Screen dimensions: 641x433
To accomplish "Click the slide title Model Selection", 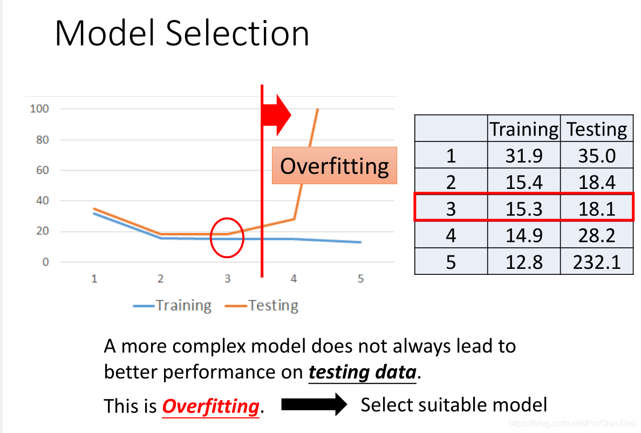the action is point(182,33).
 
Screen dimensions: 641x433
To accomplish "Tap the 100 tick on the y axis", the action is point(39,109).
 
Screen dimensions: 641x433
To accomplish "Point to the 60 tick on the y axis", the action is point(43,170).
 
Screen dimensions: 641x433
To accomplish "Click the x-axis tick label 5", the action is point(360,279).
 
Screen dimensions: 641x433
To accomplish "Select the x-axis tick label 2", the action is point(160,279).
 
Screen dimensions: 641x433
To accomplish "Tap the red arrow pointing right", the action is point(276,115).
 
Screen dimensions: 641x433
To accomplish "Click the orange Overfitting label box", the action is point(335,166).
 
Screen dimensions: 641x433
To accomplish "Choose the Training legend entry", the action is point(172,306).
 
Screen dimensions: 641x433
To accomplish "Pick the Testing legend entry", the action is point(262,306).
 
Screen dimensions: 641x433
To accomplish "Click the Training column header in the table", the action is point(524,129).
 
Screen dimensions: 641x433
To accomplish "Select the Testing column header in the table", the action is point(597,129).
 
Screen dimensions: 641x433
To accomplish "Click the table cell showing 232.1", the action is point(597,262).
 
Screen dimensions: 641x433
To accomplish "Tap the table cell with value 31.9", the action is point(524,156).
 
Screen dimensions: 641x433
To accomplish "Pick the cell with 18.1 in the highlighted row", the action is point(597,209).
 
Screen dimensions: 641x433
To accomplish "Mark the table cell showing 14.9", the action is point(524,235).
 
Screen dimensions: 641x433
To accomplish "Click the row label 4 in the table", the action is point(451,235).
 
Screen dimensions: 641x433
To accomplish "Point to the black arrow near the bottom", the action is point(314,404).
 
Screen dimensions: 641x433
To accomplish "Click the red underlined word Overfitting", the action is point(210,407).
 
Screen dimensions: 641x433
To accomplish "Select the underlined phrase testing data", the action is point(363,372).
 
